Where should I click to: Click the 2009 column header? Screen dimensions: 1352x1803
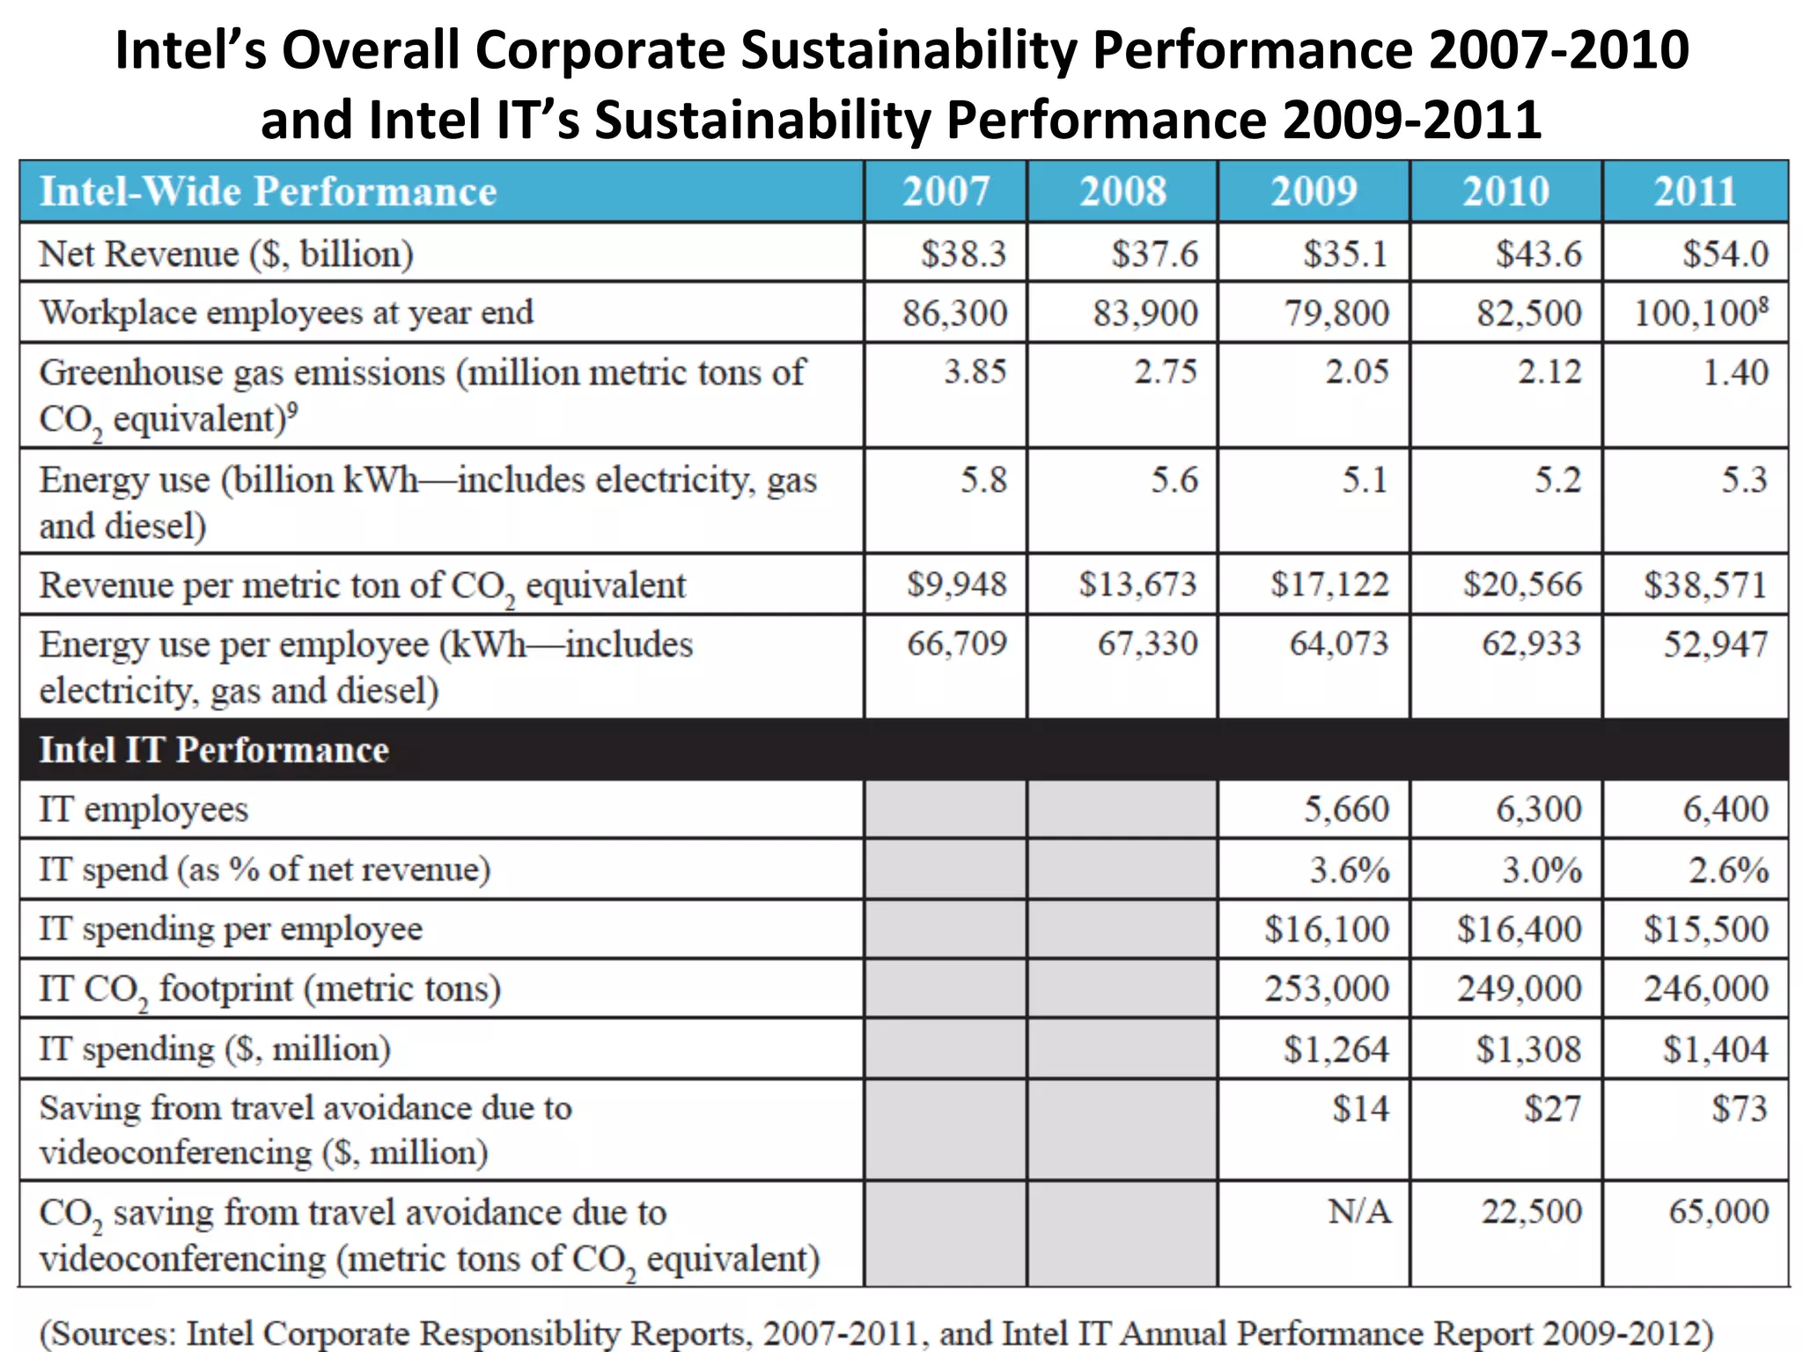[x=1314, y=191]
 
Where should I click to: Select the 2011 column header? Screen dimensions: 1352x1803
[x=1695, y=191]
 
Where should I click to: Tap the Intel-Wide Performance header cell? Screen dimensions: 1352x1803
[x=268, y=191]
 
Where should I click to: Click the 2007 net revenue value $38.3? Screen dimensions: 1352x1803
[x=963, y=253]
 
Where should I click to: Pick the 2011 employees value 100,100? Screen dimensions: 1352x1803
[x=1699, y=313]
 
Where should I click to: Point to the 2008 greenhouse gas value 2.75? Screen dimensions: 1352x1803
[x=1165, y=371]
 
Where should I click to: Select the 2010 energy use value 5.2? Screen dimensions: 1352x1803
[x=1557, y=480]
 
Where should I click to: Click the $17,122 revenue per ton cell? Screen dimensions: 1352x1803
[x=1329, y=584]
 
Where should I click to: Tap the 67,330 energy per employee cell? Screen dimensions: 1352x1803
[x=1147, y=643]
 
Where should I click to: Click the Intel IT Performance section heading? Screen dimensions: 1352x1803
[x=214, y=750]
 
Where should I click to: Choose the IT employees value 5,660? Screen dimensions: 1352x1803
[x=1346, y=809]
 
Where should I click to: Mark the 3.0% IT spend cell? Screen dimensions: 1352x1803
[x=1542, y=870]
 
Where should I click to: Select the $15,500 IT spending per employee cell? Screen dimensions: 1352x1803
[x=1705, y=929]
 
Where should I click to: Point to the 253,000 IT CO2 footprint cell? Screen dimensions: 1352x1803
[x=1327, y=988]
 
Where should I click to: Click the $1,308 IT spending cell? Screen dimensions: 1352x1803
[x=1528, y=1049]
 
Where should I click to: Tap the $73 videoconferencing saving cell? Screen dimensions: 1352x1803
[x=1739, y=1108]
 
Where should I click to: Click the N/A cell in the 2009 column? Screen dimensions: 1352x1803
[x=1359, y=1212]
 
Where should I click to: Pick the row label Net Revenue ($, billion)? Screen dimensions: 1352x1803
[x=226, y=253]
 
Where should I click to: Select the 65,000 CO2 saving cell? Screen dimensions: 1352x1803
[x=1718, y=1212]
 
